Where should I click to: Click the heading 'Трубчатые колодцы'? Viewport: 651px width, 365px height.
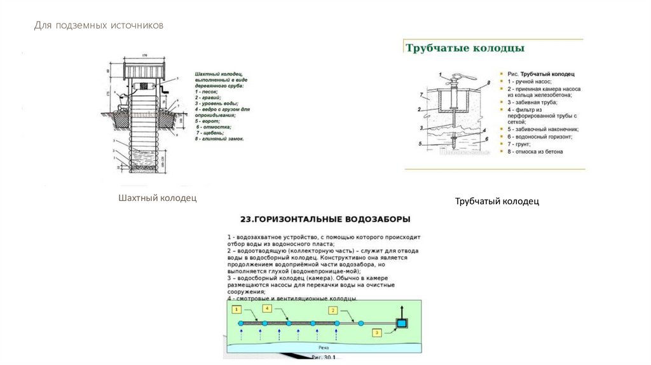point(465,48)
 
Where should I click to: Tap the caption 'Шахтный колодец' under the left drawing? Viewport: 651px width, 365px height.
point(157,198)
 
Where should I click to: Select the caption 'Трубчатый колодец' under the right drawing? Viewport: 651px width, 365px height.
point(497,202)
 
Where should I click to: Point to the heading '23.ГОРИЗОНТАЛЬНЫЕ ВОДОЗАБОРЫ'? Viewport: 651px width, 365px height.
point(325,219)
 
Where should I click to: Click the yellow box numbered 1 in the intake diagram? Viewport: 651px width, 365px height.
point(236,310)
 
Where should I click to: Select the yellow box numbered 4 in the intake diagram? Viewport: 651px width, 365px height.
point(267,309)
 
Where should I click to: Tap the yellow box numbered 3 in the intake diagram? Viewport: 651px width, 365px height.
point(377,332)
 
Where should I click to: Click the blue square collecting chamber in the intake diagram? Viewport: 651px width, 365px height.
point(401,324)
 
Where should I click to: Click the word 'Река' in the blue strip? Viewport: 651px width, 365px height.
point(324,348)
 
